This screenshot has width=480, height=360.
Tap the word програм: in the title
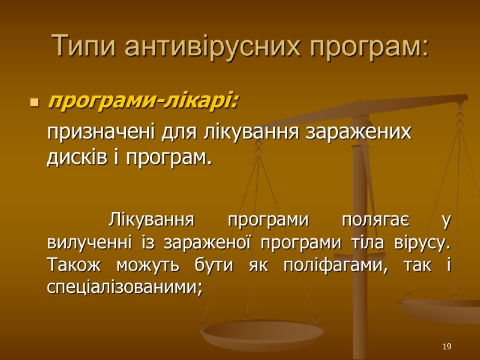click(x=368, y=46)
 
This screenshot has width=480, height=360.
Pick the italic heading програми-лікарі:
click(x=143, y=102)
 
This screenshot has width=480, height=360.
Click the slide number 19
click(x=446, y=347)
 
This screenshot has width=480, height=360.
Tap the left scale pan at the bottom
click(x=262, y=332)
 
